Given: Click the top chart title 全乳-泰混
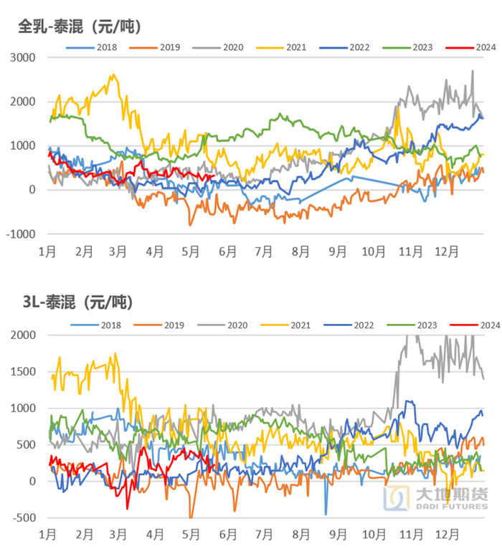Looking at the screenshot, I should pos(79,27).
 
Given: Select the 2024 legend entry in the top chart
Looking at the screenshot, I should pos(470,47).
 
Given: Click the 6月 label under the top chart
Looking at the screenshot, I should pos(227,252).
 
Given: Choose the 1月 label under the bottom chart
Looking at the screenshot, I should pos(47,535).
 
